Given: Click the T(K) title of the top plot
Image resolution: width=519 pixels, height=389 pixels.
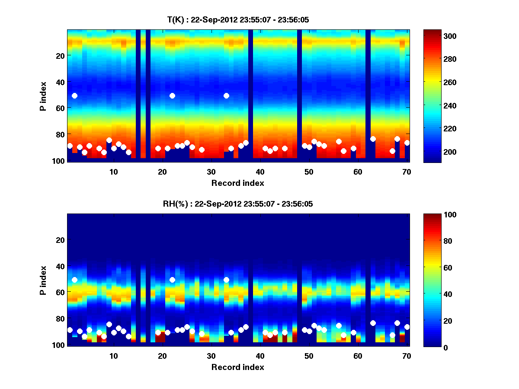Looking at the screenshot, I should (238, 19).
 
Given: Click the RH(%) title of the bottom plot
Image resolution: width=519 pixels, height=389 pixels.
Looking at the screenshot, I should (235, 204).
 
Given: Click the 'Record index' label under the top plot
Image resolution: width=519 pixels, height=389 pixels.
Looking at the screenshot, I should (237, 183).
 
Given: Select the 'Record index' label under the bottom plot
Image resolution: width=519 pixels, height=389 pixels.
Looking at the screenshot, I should (237, 367).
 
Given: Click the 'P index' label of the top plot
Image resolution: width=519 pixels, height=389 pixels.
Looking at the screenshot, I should (43, 96).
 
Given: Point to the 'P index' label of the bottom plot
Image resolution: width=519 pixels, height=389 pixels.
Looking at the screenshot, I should (43, 280).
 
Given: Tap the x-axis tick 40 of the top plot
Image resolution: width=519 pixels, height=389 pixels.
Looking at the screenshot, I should (260, 171).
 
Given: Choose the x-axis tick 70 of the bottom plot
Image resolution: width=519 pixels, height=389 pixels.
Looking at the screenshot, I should (407, 356).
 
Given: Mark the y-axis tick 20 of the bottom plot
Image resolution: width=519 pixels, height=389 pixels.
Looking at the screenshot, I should (60, 239).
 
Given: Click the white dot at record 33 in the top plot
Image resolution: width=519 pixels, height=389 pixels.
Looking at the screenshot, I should (226, 96).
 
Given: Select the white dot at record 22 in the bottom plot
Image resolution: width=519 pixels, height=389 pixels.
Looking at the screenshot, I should (172, 280).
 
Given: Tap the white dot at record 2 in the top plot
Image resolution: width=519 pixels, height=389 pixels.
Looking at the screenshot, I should (74, 96).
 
